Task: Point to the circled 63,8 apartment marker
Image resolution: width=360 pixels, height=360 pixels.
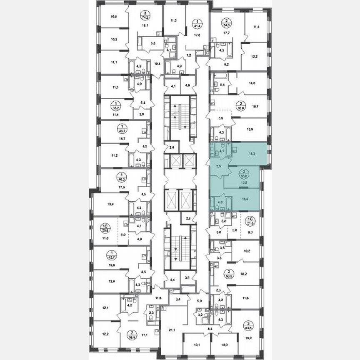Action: tap(240, 105)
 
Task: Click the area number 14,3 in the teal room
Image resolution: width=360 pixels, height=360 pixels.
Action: tap(251, 153)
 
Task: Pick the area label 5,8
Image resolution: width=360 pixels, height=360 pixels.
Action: tap(153, 42)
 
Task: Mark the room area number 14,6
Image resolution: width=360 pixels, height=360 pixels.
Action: tap(251, 83)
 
